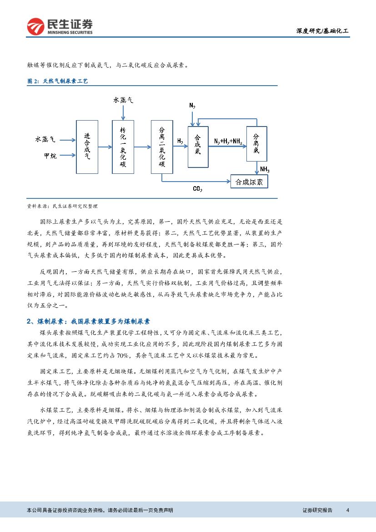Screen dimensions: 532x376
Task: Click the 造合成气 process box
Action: pos(87,147)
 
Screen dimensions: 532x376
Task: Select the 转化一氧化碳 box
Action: pos(123,147)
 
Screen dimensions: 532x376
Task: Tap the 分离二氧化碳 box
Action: pos(161,147)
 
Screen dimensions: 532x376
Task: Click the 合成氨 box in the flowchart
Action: pos(197,147)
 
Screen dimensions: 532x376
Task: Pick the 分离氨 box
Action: pos(256,144)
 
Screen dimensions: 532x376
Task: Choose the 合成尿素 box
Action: pos(249,182)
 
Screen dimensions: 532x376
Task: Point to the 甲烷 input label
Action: pos(50,156)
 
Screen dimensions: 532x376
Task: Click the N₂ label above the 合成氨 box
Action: pos(192,106)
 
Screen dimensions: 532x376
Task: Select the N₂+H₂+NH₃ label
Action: pos(228,142)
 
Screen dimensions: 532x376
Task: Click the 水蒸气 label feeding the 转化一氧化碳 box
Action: pos(123,100)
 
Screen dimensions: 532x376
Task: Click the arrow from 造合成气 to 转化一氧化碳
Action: pos(105,147)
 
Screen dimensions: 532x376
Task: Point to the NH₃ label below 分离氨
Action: pos(265,170)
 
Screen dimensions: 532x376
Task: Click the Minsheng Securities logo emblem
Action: pos(35,27)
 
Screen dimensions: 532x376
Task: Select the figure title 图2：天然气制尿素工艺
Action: pos(57,81)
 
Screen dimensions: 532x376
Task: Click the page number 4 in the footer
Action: pos(347,510)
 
